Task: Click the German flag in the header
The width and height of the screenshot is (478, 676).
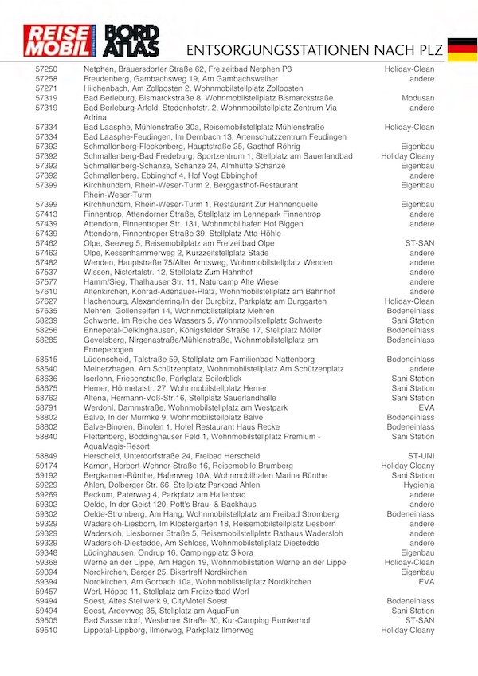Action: pos(462,49)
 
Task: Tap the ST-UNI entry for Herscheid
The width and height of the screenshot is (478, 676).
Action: pos(419,456)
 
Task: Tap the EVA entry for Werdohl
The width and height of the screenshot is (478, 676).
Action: pos(426,407)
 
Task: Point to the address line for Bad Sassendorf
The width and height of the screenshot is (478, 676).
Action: pos(197,620)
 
